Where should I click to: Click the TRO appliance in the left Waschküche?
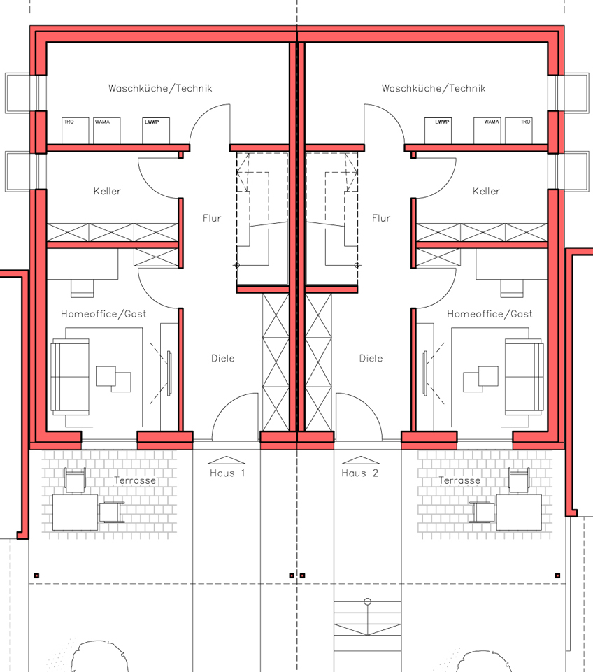75,131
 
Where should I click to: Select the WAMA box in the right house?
487,131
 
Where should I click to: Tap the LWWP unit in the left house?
156,131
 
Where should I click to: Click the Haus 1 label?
227,473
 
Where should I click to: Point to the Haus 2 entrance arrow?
360,460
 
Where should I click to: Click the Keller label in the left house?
107,191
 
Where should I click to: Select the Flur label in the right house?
381,218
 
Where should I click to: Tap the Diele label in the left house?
223,358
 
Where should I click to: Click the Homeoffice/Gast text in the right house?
490,314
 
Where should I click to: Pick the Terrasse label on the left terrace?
135,480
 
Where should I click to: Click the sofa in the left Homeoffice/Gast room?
70,377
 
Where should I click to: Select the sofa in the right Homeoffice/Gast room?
524,377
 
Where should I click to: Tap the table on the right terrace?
519,512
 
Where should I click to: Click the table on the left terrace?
75,512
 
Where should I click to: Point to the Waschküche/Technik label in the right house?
434,88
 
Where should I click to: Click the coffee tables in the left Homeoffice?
113,379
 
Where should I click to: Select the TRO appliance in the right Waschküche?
519,131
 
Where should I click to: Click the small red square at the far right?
557,576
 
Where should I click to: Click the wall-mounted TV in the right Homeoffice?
425,373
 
